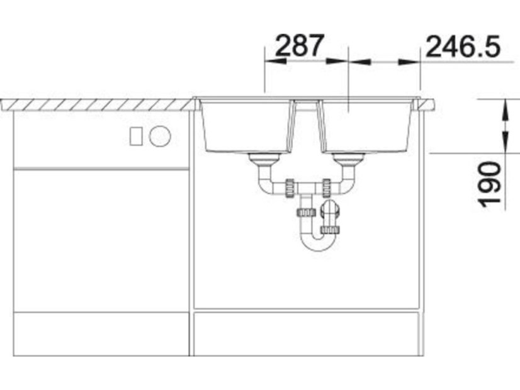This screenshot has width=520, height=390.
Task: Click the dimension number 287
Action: [299, 45]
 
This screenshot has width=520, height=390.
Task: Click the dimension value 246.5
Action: [463, 47]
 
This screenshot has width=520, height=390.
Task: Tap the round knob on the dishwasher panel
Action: [160, 136]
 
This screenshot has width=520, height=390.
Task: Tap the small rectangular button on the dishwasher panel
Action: [136, 136]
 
